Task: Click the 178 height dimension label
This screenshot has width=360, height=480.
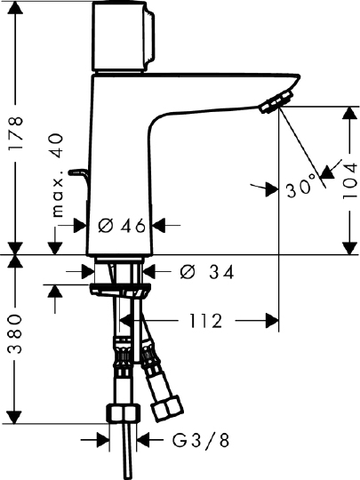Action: [x=15, y=132]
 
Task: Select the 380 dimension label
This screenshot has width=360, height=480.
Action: [x=15, y=333]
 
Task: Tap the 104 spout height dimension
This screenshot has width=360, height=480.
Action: [x=350, y=180]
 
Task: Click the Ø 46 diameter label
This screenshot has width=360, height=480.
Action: [x=122, y=226]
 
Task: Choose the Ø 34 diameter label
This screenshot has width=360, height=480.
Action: [x=207, y=272]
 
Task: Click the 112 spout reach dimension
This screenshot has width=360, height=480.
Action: [x=205, y=321]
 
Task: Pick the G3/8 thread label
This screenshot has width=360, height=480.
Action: [x=201, y=441]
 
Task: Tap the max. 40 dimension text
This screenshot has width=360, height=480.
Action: [x=57, y=175]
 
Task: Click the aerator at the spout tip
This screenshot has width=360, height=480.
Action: [x=276, y=102]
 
